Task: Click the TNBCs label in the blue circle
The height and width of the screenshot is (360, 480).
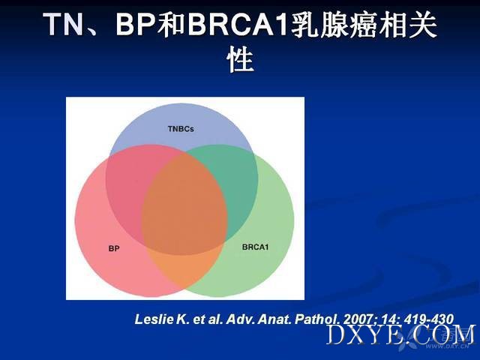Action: pyautogui.click(x=181, y=129)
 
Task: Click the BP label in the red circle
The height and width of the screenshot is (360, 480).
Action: pyautogui.click(x=114, y=248)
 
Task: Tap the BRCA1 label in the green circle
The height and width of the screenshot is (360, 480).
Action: pyautogui.click(x=255, y=247)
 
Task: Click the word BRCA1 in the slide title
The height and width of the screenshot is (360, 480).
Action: pyautogui.click(x=238, y=25)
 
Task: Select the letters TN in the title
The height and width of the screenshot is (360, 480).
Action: pyautogui.click(x=63, y=25)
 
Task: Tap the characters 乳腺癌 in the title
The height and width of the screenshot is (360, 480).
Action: pyautogui.click(x=334, y=25)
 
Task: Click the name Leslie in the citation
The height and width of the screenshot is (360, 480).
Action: pyautogui.click(x=154, y=319)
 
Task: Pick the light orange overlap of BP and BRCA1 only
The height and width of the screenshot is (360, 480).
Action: pyautogui.click(x=184, y=269)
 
